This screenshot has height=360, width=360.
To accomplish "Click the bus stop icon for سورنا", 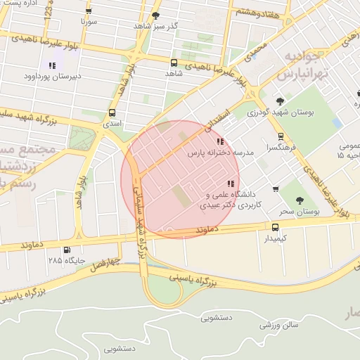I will [x=88, y=11].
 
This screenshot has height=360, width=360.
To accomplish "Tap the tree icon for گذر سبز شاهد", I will [x=155, y=15].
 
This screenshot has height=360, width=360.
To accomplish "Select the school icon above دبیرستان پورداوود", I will [x=51, y=65].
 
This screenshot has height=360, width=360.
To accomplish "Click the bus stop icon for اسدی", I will [x=112, y=112].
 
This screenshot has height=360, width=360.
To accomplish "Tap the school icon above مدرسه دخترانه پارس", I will [x=212, y=141].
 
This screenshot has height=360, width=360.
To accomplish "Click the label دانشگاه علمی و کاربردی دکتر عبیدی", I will [x=231, y=200].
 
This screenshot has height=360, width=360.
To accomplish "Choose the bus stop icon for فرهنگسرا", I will [x=281, y=136].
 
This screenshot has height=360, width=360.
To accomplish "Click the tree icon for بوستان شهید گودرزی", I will [x=281, y=101].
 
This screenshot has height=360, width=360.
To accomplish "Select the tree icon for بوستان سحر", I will [x=300, y=200].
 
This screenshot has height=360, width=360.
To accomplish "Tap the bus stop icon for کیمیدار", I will [x=275, y=227].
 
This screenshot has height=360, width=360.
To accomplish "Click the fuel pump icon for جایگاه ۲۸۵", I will [x=67, y=250].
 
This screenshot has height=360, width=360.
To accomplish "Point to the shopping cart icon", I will [x=275, y=188].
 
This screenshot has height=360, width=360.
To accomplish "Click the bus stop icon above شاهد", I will [x=174, y=63].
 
